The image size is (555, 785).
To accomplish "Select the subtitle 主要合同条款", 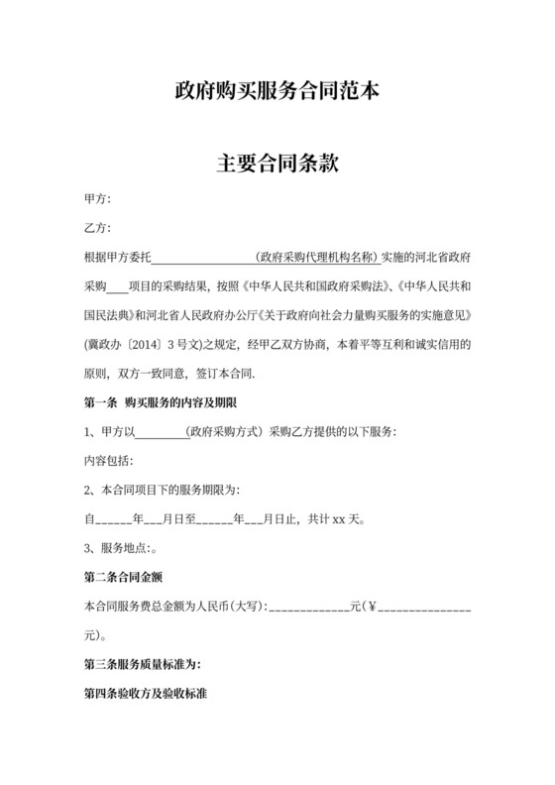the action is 277,163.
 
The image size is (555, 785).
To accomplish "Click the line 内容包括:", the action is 108,462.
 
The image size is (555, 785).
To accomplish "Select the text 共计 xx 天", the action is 337,518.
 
